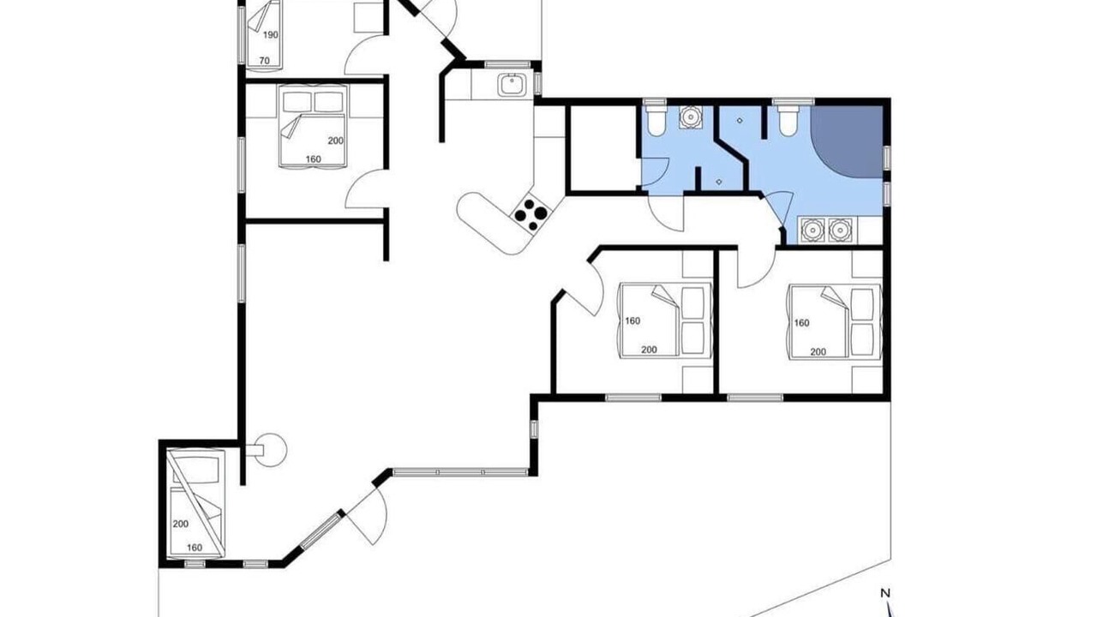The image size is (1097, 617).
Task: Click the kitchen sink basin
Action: pyautogui.click(x=513, y=85)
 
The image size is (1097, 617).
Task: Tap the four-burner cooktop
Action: pyautogui.click(x=531, y=214)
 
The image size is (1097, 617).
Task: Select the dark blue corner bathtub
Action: pyautogui.click(x=848, y=141)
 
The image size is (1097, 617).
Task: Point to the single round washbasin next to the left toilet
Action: pyautogui.click(x=691, y=117)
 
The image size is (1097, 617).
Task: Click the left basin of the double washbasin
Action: pyautogui.click(x=812, y=230)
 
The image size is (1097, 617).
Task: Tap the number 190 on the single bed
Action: pyautogui.click(x=270, y=35)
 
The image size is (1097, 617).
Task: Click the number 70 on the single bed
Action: pyautogui.click(x=265, y=61)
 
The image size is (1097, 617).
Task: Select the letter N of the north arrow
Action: pyautogui.click(x=885, y=594)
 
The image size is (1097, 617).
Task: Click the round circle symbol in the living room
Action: pyautogui.click(x=269, y=450)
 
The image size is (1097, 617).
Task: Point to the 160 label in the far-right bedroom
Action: pyautogui.click(x=801, y=323)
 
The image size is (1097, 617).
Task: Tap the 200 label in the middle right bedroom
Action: pyautogui.click(x=649, y=350)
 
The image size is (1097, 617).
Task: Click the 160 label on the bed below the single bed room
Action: pyautogui.click(x=314, y=159)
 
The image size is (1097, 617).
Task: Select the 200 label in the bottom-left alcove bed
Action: pyautogui.click(x=181, y=524)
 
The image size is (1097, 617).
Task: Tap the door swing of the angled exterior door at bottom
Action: pyautogui.click(x=372, y=519)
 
